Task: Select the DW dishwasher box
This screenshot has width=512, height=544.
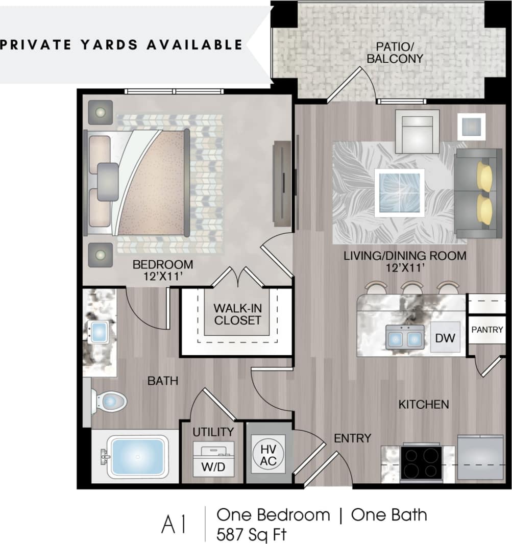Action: point(445,337)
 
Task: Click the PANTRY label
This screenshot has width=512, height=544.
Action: point(487,330)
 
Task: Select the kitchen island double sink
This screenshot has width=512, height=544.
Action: point(404,337)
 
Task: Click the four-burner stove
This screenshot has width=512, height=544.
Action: point(421,462)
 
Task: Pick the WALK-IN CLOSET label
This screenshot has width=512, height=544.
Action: point(237,314)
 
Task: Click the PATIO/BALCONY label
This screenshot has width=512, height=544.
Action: point(395,53)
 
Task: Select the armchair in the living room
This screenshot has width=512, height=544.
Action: point(417,132)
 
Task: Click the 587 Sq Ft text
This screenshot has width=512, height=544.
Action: point(251,534)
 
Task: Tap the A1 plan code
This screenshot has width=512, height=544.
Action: point(174,525)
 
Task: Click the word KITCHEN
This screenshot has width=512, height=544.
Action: point(424,404)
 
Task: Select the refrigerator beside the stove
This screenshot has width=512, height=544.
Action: point(480,457)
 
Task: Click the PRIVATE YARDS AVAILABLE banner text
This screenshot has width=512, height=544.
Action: point(121,44)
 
